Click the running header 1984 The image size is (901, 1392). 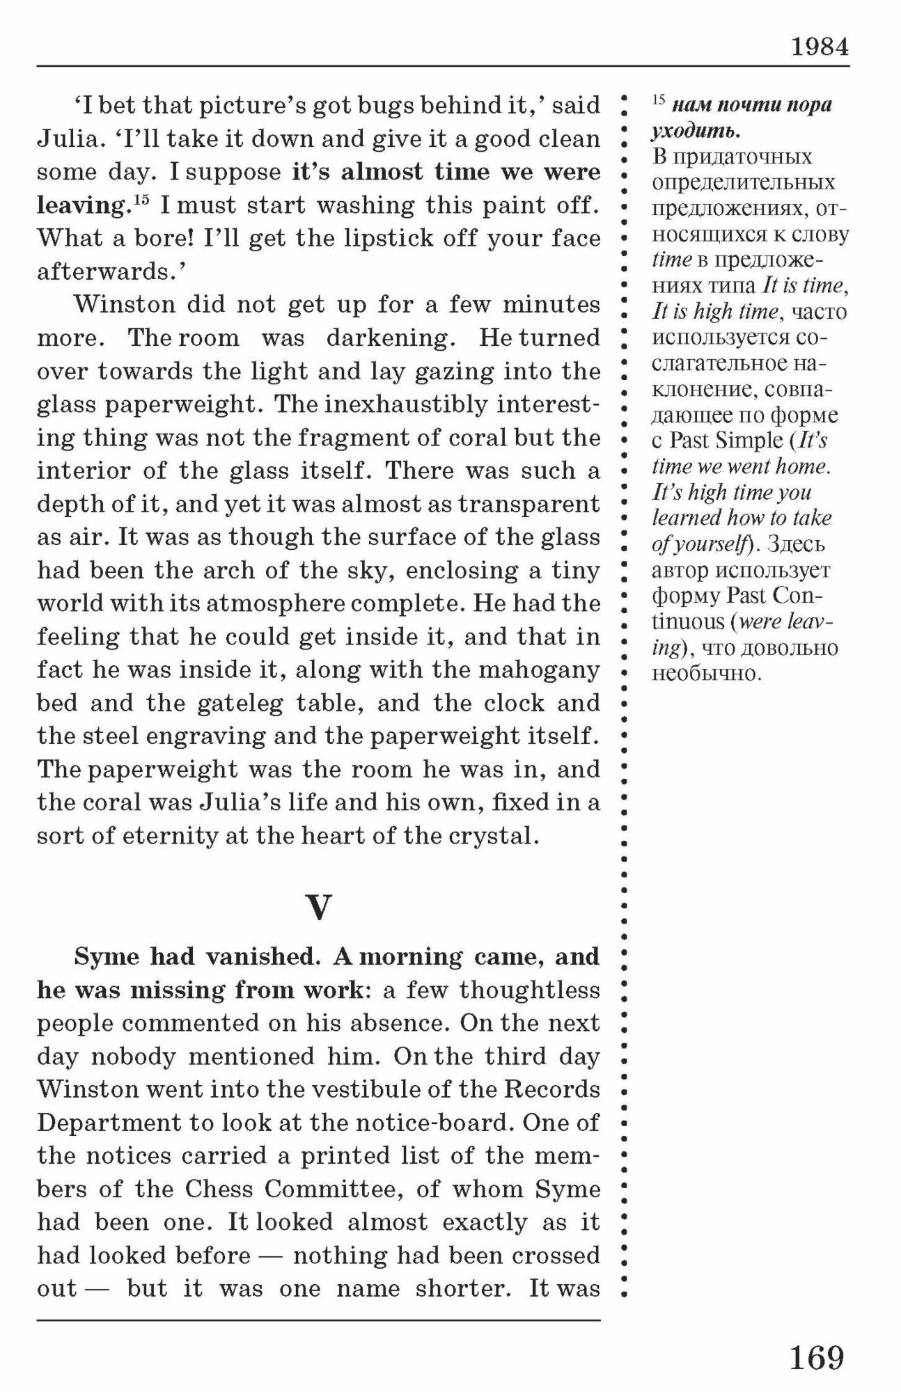(x=820, y=47)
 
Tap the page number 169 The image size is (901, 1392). (x=816, y=1357)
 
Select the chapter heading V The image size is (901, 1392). (x=318, y=907)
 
